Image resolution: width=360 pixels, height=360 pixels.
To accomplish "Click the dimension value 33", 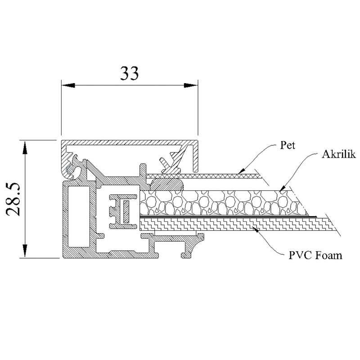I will tap(129, 73).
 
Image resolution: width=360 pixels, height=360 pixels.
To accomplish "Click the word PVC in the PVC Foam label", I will tap(299, 256).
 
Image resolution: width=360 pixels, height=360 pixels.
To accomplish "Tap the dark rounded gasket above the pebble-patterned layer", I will tap(167, 184).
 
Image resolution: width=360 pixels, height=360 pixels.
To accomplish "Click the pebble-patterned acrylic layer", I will tap(225, 202).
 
